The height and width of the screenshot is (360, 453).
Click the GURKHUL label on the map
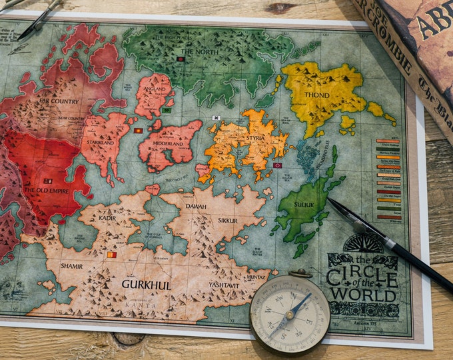(146, 285)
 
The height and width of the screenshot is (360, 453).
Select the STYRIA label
(256, 138)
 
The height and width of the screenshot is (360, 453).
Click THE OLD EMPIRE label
(46, 191)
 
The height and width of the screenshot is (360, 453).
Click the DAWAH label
(196, 207)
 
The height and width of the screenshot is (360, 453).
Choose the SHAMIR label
(72, 265)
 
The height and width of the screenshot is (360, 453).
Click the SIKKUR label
(227, 220)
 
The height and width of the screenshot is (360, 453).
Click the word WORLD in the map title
(363, 294)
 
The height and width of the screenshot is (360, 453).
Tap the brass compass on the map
(290, 313)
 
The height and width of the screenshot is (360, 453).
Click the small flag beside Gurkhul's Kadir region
(111, 255)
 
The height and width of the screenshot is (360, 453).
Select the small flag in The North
(180, 59)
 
